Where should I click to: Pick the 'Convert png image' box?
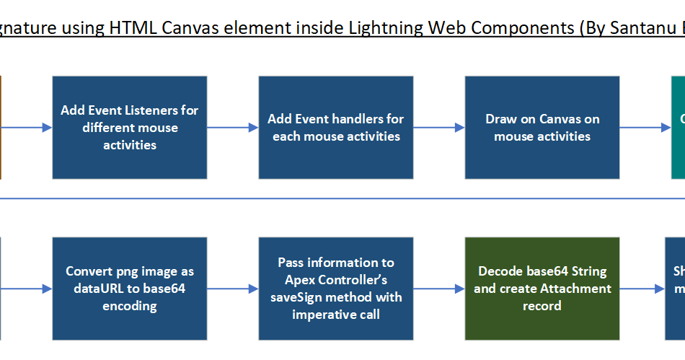[130, 289]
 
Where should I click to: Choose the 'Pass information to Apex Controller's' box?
[336, 289]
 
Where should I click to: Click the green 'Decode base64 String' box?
[542, 289]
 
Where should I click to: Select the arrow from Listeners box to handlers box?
[233, 128]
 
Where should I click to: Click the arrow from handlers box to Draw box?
[439, 128]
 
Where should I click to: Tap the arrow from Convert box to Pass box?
[233, 289]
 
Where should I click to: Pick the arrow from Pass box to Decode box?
[439, 289]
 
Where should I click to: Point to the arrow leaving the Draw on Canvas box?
[645, 128]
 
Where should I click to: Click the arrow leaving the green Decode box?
[642, 289]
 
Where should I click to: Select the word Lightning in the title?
[385, 28]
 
